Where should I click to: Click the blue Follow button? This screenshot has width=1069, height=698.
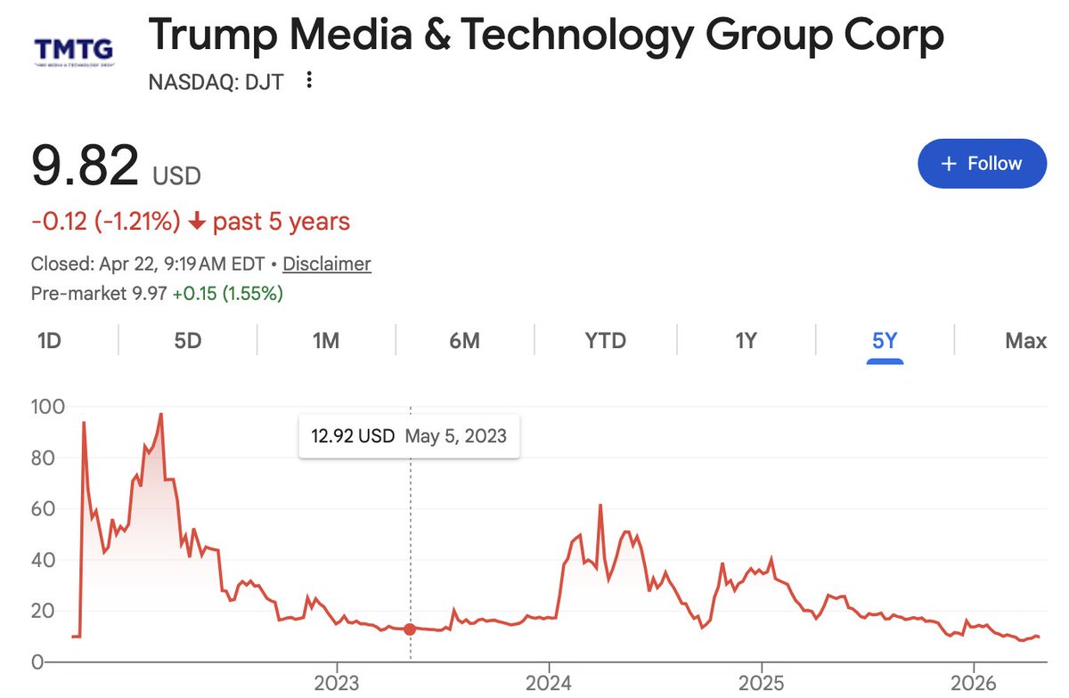pos(982,164)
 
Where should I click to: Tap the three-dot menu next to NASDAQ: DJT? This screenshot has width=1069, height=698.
pos(309,81)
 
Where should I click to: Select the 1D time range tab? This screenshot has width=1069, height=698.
pos(49,341)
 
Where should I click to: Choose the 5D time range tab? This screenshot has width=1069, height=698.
pos(188,341)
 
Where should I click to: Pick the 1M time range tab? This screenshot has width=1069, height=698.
pos(326,341)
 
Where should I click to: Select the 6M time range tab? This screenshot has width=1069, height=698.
pos(464,341)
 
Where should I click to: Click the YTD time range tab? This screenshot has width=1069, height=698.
pos(606,341)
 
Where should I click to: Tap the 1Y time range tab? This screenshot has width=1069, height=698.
pos(746,341)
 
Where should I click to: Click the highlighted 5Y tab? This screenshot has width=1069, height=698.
pos(885,341)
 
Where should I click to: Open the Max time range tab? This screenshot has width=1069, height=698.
pos(1025,341)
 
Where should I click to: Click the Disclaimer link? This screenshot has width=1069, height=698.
pos(327,264)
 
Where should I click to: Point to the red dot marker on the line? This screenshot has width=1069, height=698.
pos(410,629)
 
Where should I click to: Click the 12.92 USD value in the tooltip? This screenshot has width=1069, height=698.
pos(353,436)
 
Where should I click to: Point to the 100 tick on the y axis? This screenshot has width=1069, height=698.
pos(47,407)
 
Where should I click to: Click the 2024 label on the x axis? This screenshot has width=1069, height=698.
pos(549,683)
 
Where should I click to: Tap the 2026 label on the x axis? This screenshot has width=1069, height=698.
pos(974,683)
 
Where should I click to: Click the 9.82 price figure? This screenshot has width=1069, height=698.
pos(86,166)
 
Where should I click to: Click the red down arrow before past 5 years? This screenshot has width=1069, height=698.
pos(198,222)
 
